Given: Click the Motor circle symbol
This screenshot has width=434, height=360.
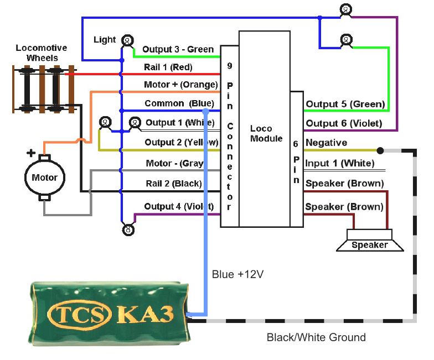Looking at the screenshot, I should pyautogui.click(x=44, y=178).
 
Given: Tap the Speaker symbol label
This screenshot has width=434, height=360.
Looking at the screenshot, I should pyautogui.click(x=370, y=245).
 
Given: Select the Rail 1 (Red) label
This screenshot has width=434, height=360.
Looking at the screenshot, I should pyautogui.click(x=168, y=67).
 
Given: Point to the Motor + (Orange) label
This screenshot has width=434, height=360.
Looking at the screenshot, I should pyautogui.click(x=180, y=85).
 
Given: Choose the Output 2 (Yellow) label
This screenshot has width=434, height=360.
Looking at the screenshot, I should pyautogui.click(x=180, y=142).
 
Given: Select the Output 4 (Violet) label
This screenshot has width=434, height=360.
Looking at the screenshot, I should pyautogui.click(x=179, y=206).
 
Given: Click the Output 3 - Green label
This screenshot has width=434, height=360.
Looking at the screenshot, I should pyautogui.click(x=178, y=49).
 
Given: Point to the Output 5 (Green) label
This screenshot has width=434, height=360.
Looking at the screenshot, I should pyautogui.click(x=345, y=104).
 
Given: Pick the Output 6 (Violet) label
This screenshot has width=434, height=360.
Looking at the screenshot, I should pyautogui.click(x=345, y=123).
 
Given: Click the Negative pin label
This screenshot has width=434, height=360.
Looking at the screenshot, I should pyautogui.click(x=326, y=143).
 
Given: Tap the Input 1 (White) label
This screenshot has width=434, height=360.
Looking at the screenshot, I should pyautogui.click(x=340, y=163).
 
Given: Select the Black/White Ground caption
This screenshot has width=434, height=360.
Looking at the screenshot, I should pyautogui.click(x=316, y=337).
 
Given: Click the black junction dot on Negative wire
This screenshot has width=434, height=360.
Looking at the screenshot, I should pyautogui.click(x=380, y=150).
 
